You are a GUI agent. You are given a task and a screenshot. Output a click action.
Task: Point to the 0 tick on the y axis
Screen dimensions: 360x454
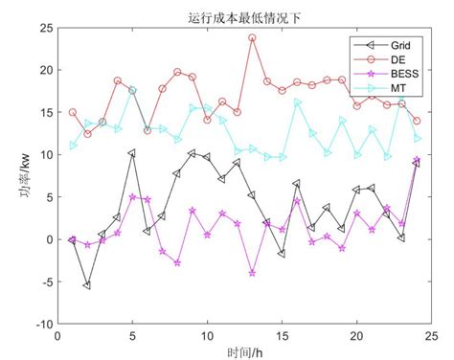coord(47,239)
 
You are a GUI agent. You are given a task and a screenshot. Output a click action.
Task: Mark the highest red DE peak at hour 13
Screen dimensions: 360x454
coord(252,38)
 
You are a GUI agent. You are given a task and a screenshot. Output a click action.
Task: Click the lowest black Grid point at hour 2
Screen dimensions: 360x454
coord(87,285)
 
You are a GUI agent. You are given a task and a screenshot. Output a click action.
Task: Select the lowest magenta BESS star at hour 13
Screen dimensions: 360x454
coord(252,273)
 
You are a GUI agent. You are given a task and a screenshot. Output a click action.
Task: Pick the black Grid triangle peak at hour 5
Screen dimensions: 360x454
coord(132,153)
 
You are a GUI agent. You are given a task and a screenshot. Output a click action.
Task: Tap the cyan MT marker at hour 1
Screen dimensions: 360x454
coord(73,146)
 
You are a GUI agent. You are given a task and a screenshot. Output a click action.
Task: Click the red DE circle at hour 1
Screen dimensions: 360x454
coord(73,113)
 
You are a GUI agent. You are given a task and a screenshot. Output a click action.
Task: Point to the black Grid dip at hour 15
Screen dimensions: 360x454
coord(282,254)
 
